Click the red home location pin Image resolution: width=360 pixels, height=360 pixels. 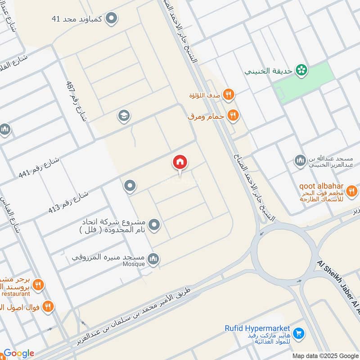(180, 162)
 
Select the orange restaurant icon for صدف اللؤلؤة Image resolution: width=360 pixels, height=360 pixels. (229, 94)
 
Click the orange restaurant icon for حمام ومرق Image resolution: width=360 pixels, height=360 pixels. (233, 115)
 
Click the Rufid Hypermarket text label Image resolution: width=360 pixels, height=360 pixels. (257, 329)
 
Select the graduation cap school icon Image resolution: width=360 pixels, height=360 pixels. (124, 116)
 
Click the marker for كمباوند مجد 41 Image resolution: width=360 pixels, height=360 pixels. (112, 18)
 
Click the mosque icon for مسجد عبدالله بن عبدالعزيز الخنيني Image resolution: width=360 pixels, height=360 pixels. (300, 161)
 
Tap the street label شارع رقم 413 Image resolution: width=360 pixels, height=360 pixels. (68, 202)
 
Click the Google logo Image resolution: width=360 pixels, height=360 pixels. (19, 353)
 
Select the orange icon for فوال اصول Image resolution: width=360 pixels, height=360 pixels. (48, 307)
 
